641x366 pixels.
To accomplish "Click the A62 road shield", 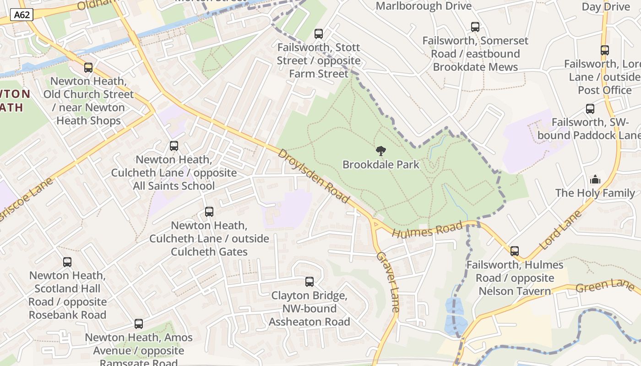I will tap(22, 15).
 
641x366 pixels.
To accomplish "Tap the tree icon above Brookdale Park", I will tap(380, 151).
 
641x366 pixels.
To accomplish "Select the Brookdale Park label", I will tap(380, 165).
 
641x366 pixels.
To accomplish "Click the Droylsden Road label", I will tap(314, 176).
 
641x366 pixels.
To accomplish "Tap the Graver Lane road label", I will tap(388, 281).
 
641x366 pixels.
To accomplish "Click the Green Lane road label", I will tap(604, 285).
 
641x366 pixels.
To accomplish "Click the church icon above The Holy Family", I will tap(595, 179).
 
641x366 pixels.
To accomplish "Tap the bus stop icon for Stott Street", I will tap(319, 34).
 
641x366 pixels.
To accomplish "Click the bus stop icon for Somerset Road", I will tap(475, 27).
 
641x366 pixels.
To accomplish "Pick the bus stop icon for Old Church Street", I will tap(88, 68).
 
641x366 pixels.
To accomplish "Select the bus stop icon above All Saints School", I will tap(174, 146).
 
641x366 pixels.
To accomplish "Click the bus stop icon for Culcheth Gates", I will tap(209, 212).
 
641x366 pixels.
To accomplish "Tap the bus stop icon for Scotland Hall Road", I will tap(67, 262).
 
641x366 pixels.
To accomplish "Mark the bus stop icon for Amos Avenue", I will tap(139, 324).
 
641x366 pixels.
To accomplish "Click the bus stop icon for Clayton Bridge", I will tap(310, 282).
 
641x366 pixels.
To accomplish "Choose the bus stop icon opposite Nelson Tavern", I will tap(515, 251).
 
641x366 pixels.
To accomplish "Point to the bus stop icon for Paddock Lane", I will tap(590, 109).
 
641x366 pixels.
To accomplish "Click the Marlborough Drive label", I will tap(424, 6).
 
